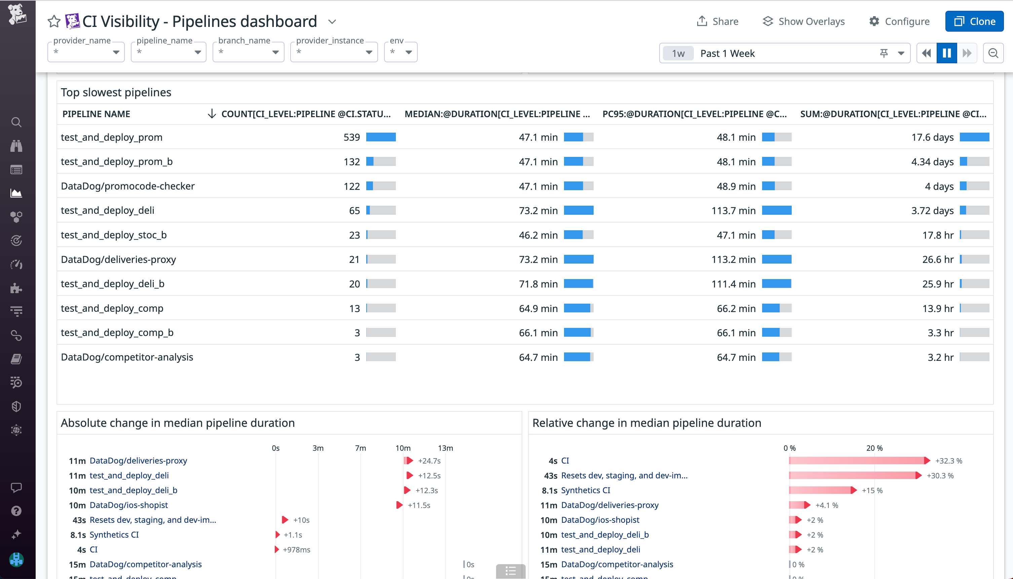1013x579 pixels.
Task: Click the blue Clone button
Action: coord(974,22)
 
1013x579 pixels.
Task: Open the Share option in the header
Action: coord(718,22)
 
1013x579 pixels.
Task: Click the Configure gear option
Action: coord(899,22)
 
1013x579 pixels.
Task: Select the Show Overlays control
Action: coord(804,22)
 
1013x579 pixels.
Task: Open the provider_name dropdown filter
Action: coord(86,52)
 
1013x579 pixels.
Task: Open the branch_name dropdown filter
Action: coord(248,52)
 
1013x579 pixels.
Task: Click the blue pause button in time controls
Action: coord(947,53)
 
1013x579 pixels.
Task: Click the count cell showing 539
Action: coord(351,137)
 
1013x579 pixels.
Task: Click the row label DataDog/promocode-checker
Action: coord(127,186)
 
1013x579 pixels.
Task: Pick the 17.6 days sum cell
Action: coord(932,137)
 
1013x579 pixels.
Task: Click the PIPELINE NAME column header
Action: coord(96,114)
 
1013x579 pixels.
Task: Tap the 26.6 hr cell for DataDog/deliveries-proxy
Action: coord(938,259)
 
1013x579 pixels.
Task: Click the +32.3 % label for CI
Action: coord(949,461)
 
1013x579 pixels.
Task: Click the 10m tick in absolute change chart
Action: coord(403,448)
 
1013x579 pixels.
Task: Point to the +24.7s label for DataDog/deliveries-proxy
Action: coord(429,461)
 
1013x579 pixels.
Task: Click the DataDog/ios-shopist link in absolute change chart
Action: coord(129,505)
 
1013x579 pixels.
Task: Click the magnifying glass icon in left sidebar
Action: coord(16,122)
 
